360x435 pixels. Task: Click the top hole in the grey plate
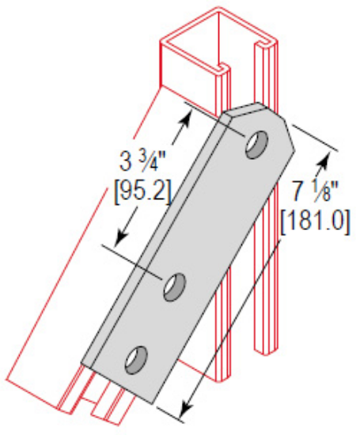[x=256, y=146]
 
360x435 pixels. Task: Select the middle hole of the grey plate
[x=175, y=286]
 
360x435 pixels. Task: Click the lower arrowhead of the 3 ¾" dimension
[x=119, y=242]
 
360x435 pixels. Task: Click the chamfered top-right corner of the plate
[x=288, y=134]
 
